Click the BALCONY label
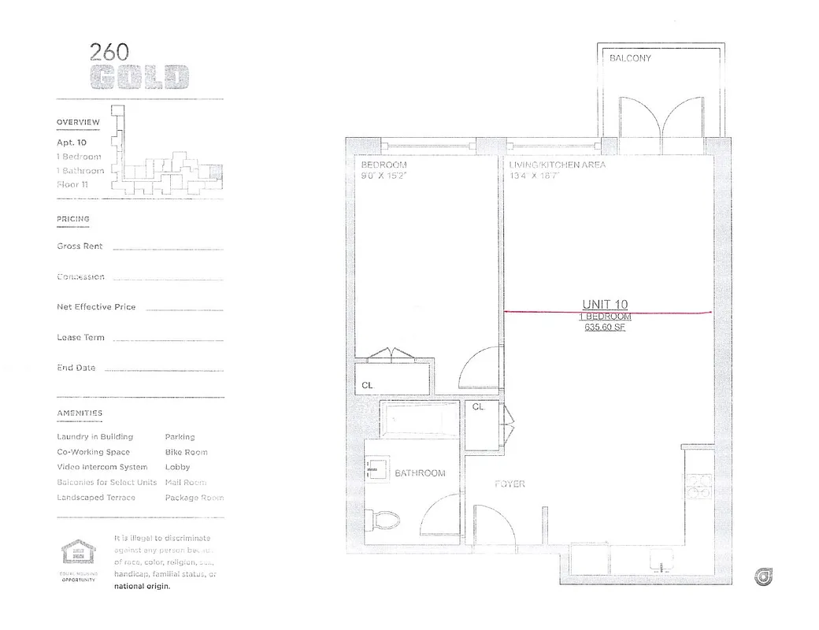pos(630,58)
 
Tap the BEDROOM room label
pos(384,165)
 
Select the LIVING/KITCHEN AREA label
pos(558,165)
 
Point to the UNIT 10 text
pos(605,305)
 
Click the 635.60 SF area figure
pos(605,328)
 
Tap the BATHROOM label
pos(420,473)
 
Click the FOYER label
pos(510,484)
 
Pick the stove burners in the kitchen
pos(698,487)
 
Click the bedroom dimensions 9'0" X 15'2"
pos(384,176)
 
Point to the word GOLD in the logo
pos(139,78)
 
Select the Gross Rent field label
pos(80,246)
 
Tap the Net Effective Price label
pos(96,307)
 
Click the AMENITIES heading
pos(80,413)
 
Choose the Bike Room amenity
pos(187,452)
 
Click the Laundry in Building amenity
pos(94,437)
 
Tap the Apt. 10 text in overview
pos(72,143)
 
